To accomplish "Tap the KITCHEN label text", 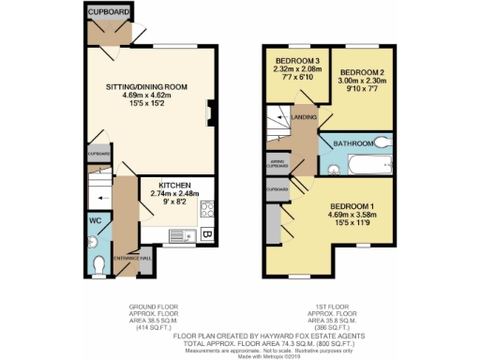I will coord(175,185).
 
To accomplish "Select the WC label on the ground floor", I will coord(96,221).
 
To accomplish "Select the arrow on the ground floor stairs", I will coord(98,200).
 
